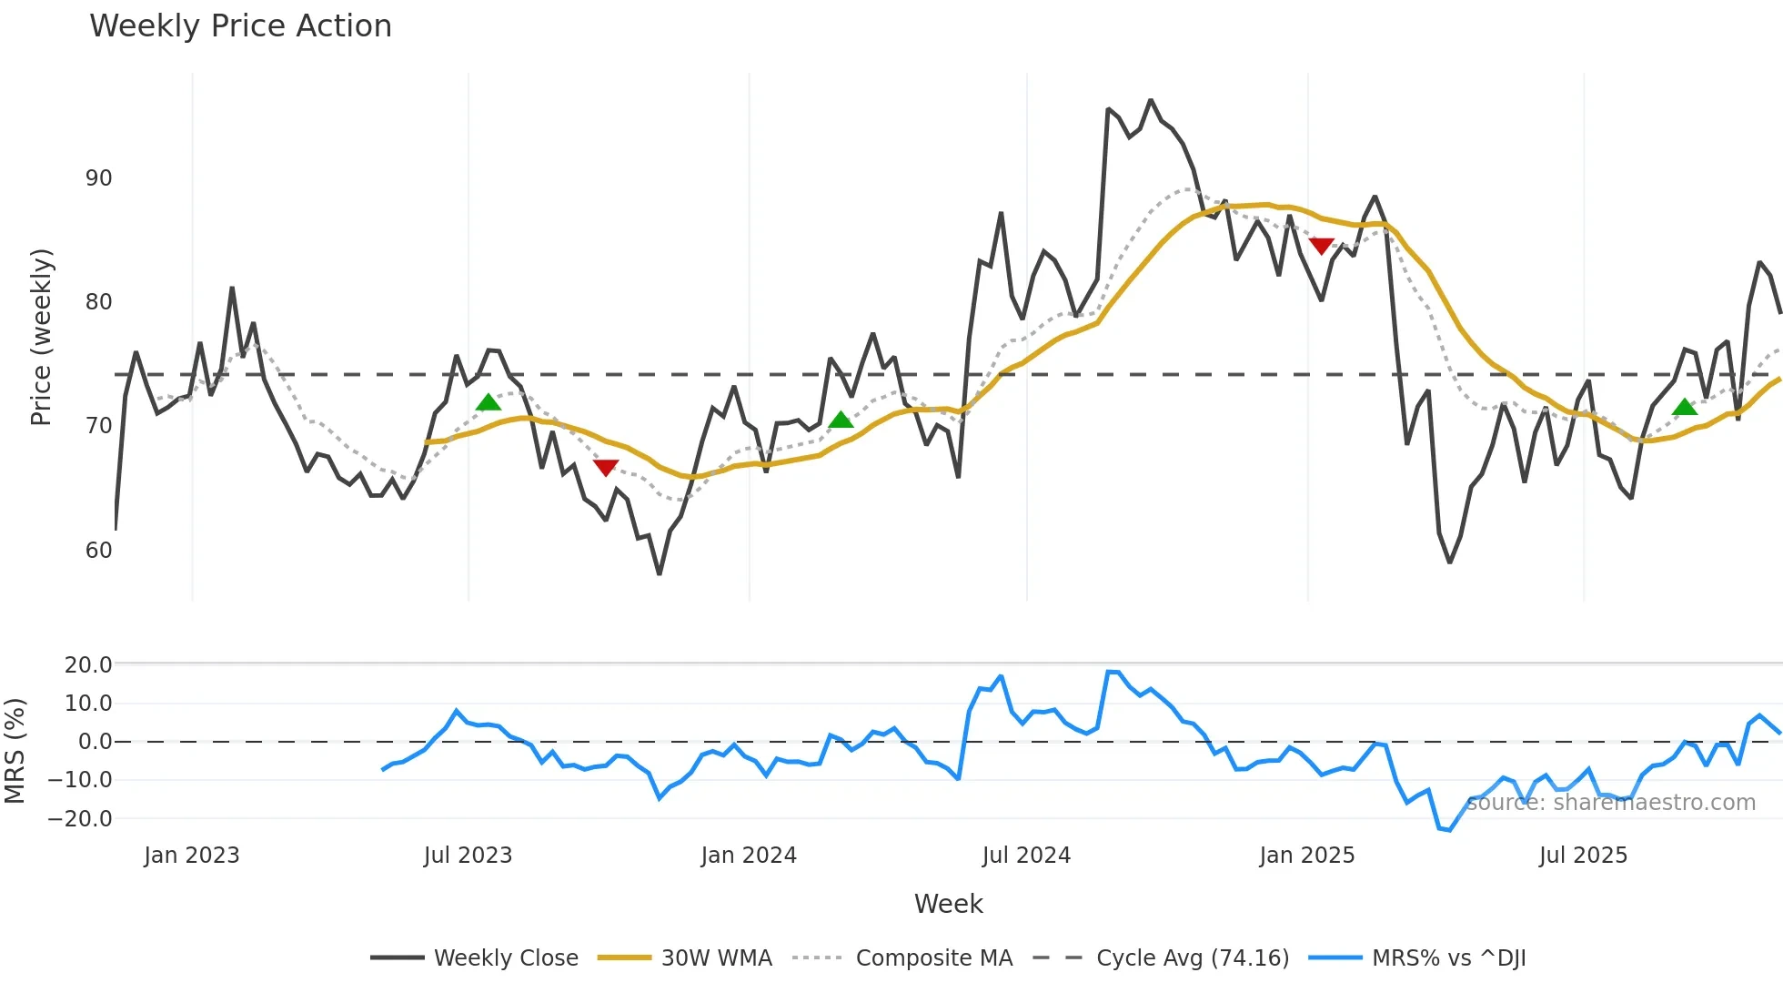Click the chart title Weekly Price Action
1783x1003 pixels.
[x=240, y=26]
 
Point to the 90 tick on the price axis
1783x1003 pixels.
[x=99, y=178]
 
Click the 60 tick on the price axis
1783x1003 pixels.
[x=99, y=551]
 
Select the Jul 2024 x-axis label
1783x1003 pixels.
[x=1026, y=856]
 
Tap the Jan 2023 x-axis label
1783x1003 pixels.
[x=192, y=856]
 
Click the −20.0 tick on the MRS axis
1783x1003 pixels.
[x=87, y=819]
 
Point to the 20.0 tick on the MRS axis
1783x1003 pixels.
[x=88, y=665]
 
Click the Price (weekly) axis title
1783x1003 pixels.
[x=42, y=337]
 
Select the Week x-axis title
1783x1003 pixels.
[x=948, y=904]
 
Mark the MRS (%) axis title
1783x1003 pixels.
[x=15, y=751]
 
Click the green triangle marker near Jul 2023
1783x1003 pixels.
[x=489, y=402]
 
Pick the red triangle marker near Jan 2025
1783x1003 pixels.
[x=1321, y=246]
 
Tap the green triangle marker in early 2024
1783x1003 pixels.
[x=841, y=420]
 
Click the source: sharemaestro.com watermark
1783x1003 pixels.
[x=1610, y=803]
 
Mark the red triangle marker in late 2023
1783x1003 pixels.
[x=606, y=468]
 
